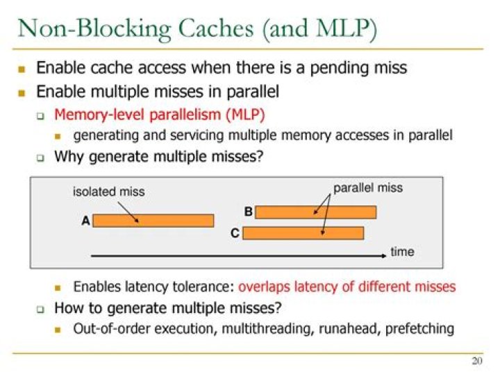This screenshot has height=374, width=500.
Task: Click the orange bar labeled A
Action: pyautogui.click(x=153, y=221)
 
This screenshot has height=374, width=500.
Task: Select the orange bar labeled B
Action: pyautogui.click(x=315, y=212)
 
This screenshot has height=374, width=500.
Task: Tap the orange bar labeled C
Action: pyautogui.click(x=303, y=233)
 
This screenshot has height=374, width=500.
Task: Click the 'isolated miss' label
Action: pyautogui.click(x=109, y=192)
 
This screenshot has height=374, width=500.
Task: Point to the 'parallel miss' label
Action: pyautogui.click(x=368, y=188)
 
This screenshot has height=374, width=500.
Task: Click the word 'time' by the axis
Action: pyautogui.click(x=402, y=251)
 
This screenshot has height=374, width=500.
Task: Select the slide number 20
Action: pyautogui.click(x=476, y=361)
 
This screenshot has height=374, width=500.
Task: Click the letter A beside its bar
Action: pyautogui.click(x=85, y=221)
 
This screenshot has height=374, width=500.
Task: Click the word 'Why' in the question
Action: pyautogui.click(x=68, y=156)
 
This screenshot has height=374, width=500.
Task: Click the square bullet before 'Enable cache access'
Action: pyautogui.click(x=22, y=69)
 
